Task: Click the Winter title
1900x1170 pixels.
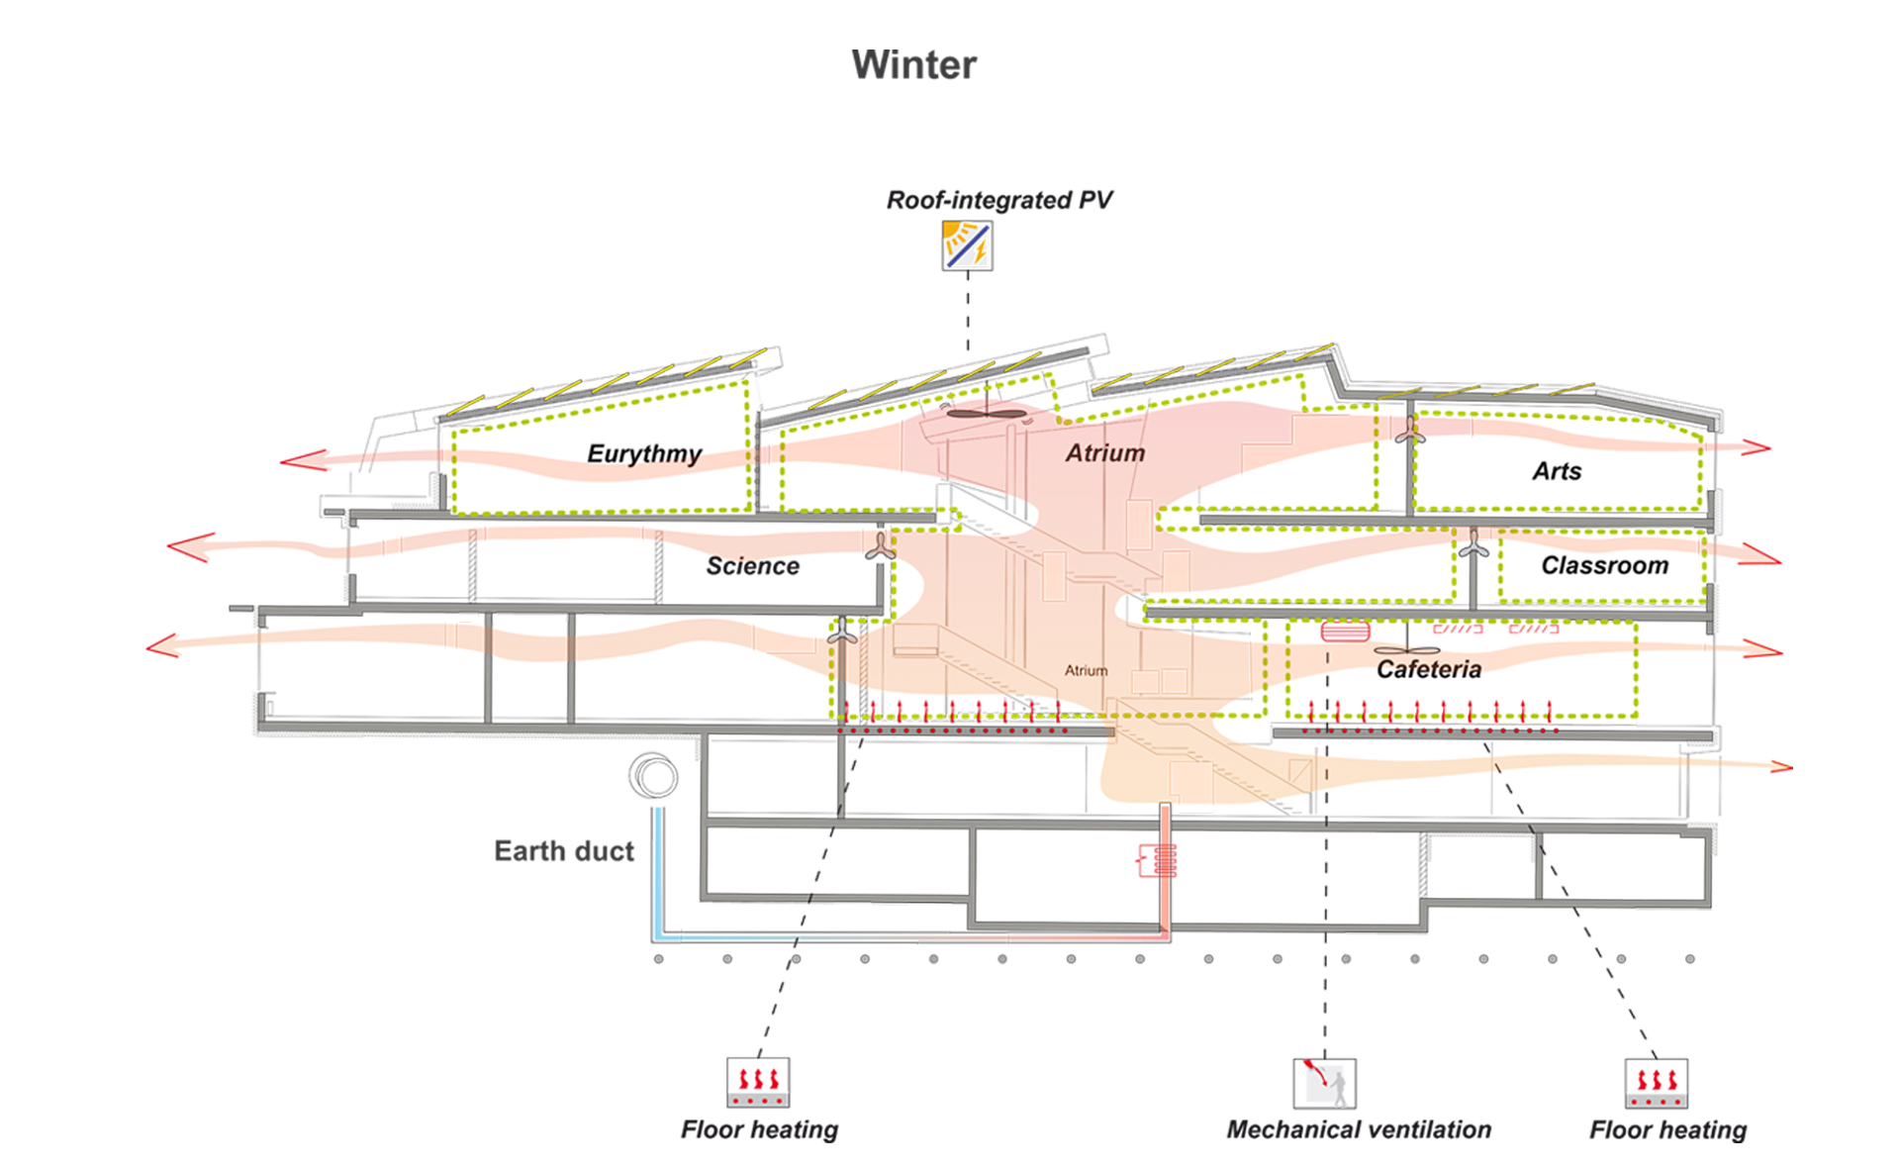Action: [x=913, y=65]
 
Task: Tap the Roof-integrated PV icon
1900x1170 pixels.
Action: [x=967, y=245]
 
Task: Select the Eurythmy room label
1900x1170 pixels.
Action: [x=644, y=453]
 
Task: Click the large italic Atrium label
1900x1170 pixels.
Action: [x=1105, y=452]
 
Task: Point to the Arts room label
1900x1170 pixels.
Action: [x=1557, y=471]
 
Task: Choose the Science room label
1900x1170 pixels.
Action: [x=752, y=566]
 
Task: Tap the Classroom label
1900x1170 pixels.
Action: [x=1604, y=565]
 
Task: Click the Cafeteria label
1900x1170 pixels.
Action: [x=1429, y=670]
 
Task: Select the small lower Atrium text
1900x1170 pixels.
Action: [x=1086, y=670]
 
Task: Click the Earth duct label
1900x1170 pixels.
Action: [x=564, y=851]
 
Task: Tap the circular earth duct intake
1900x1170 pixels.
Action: [x=653, y=775]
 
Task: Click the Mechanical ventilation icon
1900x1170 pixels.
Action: [x=1324, y=1083]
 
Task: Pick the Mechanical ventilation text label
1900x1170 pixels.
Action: [x=1359, y=1129]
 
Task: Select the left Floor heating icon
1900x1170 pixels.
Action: [x=758, y=1082]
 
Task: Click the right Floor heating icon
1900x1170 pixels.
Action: [x=1656, y=1083]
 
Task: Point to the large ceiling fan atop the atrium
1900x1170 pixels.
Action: [x=987, y=414]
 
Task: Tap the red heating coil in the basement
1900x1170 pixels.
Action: [x=1159, y=860]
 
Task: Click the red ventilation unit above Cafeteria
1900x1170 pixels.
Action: [x=1346, y=631]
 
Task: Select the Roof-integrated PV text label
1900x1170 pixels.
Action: [x=998, y=200]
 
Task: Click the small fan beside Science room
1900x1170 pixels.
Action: [x=880, y=546]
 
